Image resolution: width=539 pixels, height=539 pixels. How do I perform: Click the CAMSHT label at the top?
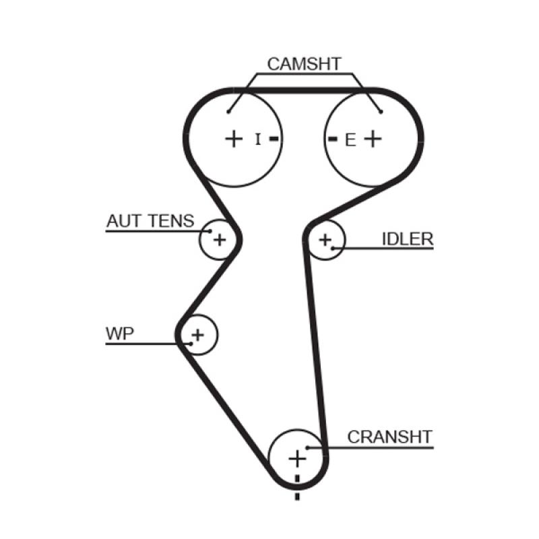[304, 65]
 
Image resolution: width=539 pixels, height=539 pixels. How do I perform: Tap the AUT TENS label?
[150, 220]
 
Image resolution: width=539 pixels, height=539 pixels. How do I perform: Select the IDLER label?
[407, 239]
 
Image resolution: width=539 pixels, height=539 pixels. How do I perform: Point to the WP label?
[120, 333]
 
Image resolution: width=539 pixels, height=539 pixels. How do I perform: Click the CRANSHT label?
[389, 437]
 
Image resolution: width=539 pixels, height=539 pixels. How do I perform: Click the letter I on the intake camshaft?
[257, 139]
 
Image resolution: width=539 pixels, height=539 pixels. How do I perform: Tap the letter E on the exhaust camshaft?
[350, 140]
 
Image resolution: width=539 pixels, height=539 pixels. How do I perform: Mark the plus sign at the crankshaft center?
[296, 459]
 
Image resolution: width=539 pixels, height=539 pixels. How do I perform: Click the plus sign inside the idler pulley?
[325, 239]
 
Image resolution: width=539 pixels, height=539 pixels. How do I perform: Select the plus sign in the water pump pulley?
[197, 334]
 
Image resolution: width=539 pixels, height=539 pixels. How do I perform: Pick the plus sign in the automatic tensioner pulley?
[220, 239]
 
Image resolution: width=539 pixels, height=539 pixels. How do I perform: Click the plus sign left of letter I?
[233, 139]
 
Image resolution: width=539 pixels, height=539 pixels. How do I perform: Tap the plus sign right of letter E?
[373, 139]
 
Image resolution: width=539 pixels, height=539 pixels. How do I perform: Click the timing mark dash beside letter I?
[274, 139]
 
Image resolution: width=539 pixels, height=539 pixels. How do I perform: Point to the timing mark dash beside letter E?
[332, 139]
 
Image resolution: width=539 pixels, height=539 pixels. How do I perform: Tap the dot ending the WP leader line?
[191, 344]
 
